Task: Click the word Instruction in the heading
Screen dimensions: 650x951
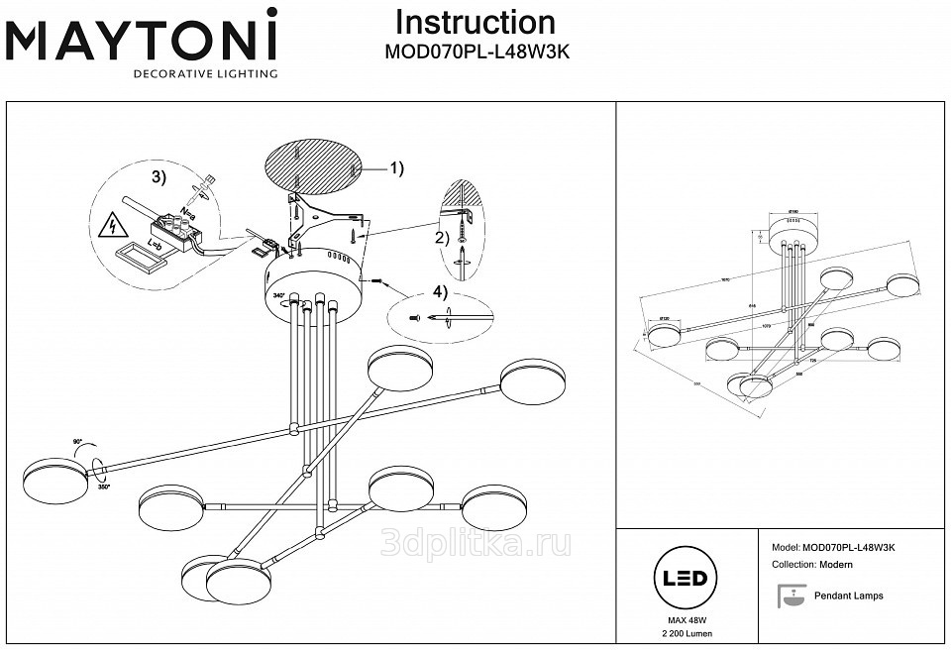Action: click(x=475, y=23)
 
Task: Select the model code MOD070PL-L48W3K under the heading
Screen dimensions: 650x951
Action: click(x=475, y=56)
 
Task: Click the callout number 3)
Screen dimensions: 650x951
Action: click(x=159, y=177)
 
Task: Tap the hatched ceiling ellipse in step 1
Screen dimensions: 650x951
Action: click(x=313, y=171)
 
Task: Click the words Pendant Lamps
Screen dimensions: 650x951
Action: click(x=848, y=596)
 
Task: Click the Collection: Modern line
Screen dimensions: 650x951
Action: click(x=811, y=564)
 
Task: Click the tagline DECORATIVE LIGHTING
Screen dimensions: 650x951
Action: click(x=206, y=73)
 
